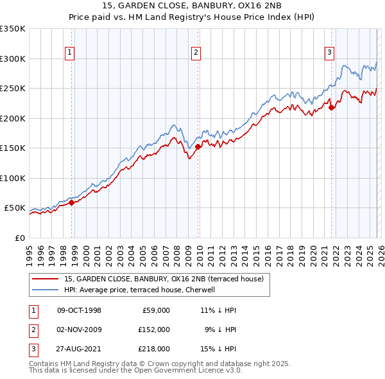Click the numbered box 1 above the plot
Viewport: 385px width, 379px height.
tap(69, 53)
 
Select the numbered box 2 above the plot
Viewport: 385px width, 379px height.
tap(196, 53)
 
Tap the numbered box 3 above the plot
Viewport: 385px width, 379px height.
tap(329, 53)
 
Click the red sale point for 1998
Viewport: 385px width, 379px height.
tap(72, 202)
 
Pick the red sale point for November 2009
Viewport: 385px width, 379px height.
tap(198, 146)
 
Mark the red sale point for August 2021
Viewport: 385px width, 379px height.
tap(332, 107)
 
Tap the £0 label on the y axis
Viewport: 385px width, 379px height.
tap(19, 238)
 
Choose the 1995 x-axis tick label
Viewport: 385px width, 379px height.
tap(30, 252)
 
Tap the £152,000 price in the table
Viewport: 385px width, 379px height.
tap(154, 330)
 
